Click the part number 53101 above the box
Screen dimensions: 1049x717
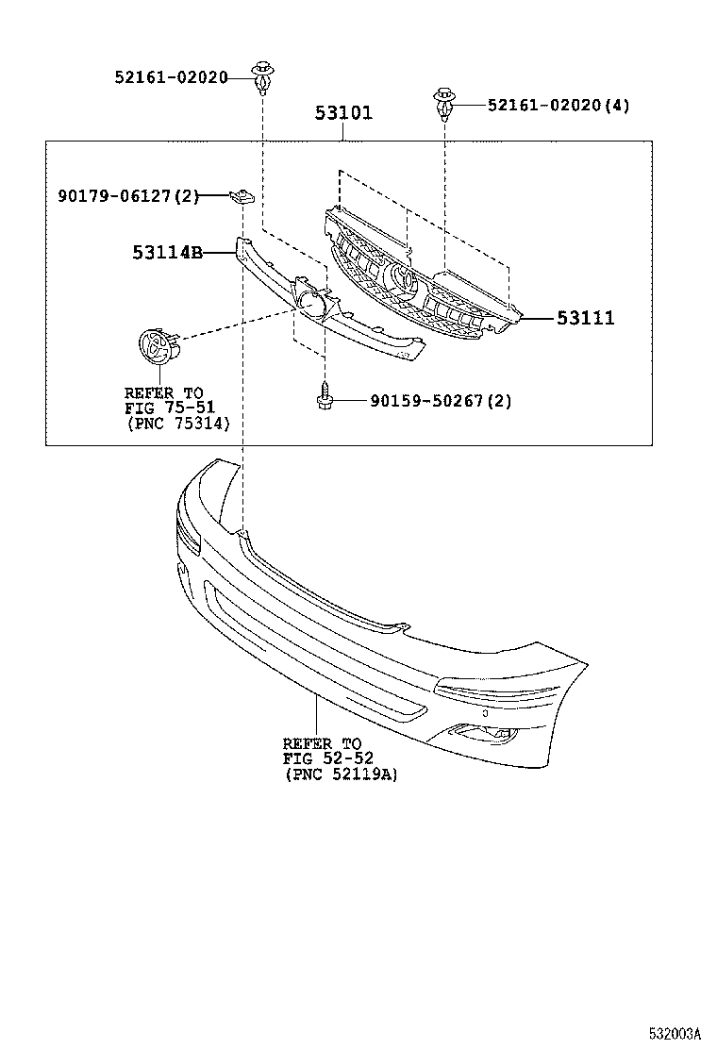(x=343, y=113)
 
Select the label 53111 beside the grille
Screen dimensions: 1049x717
(x=585, y=319)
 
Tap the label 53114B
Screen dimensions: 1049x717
(x=168, y=252)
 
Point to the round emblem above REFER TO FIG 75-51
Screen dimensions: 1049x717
(x=158, y=346)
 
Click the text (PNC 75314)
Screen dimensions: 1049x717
(x=178, y=425)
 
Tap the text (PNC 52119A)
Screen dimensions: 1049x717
(x=341, y=774)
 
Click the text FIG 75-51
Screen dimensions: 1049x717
(x=170, y=408)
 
